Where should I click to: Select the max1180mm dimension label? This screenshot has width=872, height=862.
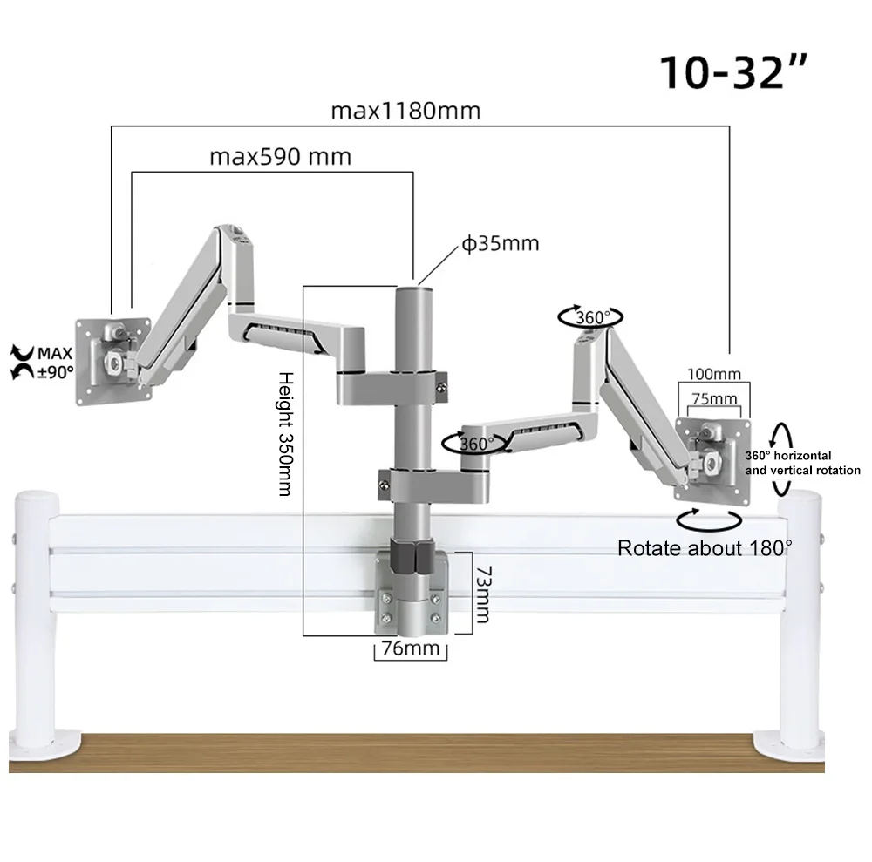(405, 112)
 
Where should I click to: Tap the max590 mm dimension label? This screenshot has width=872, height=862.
(280, 157)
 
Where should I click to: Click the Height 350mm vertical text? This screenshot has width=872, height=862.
(283, 431)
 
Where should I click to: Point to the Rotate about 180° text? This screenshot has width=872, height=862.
(705, 548)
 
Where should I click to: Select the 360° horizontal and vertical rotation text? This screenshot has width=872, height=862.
(801, 463)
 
